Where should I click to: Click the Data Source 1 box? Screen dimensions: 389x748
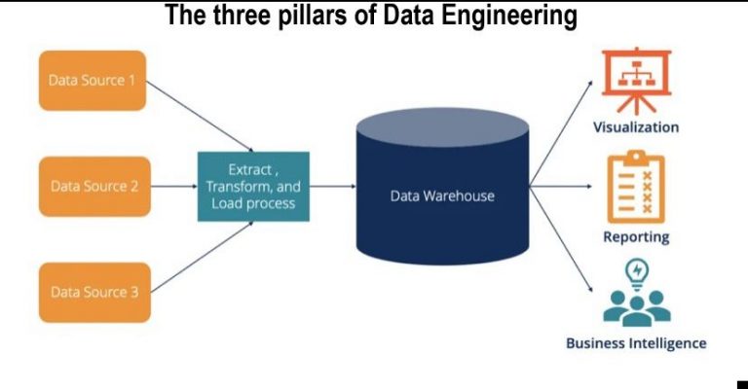[93, 80]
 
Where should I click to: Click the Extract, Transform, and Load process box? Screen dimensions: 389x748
[253, 186]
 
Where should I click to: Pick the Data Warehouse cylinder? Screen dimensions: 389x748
[442, 194]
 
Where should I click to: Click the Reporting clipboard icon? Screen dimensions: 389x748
[635, 187]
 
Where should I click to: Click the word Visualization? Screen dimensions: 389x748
[636, 127]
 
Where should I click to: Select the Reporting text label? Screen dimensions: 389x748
[636, 236]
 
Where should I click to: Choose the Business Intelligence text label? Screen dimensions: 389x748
[636, 343]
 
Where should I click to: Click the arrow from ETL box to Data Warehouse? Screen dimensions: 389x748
[332, 186]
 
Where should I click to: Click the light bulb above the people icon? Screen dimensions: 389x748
[636, 269]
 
